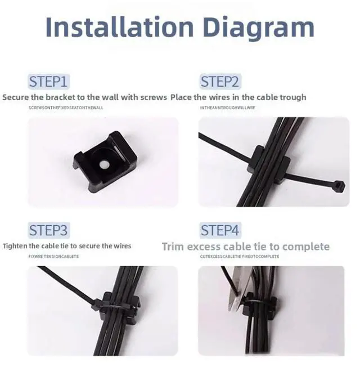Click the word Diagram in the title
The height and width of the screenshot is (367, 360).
256,26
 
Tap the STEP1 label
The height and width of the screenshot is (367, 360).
49,81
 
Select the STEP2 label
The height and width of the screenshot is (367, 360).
220,81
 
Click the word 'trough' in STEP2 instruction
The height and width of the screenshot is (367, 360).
292,97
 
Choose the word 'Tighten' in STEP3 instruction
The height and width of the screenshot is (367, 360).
16,246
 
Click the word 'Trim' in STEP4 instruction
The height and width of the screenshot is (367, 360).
173,247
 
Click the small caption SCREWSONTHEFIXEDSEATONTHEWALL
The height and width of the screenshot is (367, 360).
66,107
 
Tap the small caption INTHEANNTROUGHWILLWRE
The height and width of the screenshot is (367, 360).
227,107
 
